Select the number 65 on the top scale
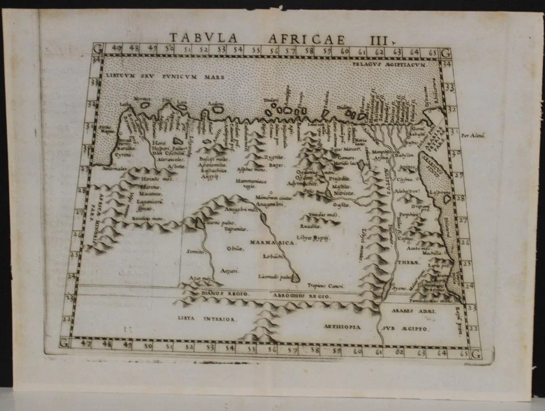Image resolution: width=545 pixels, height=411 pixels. tap(431, 53)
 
